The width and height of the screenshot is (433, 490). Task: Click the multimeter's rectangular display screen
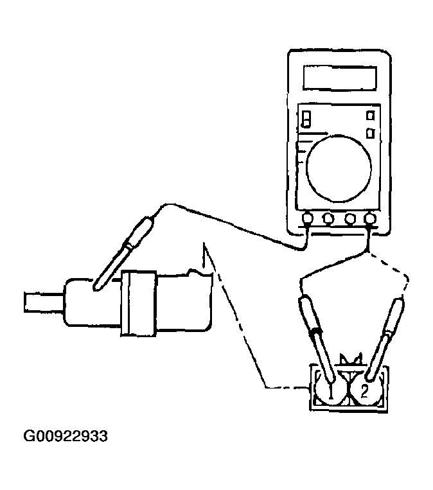(x=340, y=78)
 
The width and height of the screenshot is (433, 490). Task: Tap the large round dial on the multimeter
(x=339, y=168)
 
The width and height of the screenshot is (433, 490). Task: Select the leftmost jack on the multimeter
(x=307, y=218)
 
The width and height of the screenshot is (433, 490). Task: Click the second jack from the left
(x=328, y=218)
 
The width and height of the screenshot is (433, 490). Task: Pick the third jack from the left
(x=350, y=218)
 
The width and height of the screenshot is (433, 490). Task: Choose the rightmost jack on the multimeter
(x=370, y=218)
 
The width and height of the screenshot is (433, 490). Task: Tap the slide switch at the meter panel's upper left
(x=306, y=119)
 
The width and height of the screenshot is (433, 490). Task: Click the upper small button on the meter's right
(x=371, y=116)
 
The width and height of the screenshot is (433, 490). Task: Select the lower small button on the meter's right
(x=371, y=133)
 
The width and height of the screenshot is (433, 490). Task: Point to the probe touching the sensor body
(x=124, y=253)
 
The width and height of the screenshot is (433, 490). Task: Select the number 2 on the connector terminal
(x=364, y=392)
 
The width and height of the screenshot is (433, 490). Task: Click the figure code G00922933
(x=66, y=436)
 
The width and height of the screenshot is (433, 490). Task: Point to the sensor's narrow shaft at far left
(x=44, y=302)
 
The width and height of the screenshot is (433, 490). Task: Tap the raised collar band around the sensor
(x=139, y=303)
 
